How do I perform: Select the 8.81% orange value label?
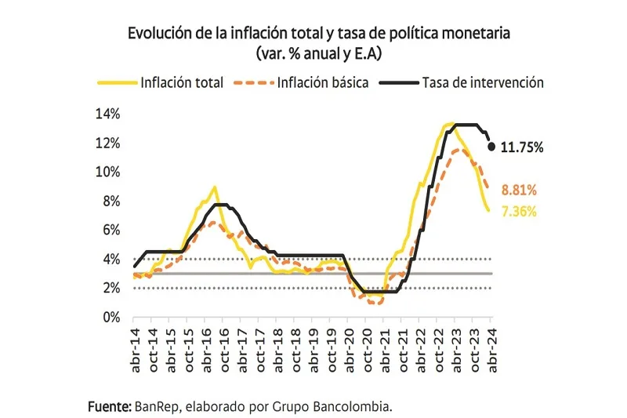click(519, 191)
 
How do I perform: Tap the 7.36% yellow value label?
click(519, 211)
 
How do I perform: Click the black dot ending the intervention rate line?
click(492, 147)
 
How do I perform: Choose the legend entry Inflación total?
click(182, 82)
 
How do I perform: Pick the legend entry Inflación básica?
click(322, 82)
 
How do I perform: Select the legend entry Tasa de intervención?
click(482, 82)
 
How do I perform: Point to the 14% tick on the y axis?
click(107, 114)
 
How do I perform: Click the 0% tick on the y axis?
click(111, 318)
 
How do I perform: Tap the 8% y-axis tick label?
click(111, 201)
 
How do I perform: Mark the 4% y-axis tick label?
click(111, 260)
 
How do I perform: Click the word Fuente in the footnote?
click(109, 406)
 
